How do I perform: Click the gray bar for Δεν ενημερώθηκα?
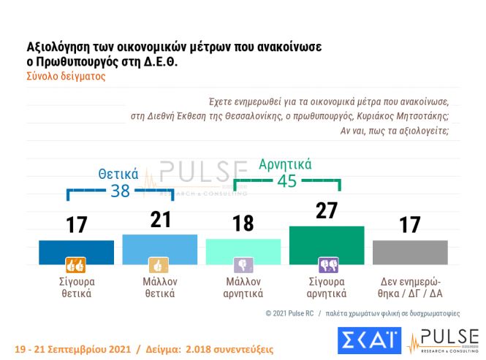coord(410,251)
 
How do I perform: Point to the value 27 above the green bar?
coord(327,211)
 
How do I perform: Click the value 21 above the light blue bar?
coord(159,220)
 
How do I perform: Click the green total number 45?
coord(287,180)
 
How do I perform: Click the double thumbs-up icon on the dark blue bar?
coord(76,265)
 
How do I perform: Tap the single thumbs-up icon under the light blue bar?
coord(159,265)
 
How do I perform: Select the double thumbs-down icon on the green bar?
coord(327,265)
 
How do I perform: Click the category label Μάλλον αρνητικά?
coord(243,288)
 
